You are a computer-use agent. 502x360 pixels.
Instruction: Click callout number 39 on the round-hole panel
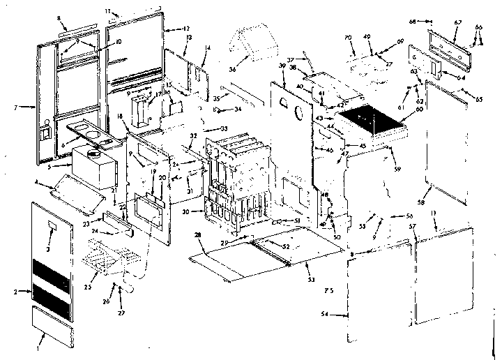281,65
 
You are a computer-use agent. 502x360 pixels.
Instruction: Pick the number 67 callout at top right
457,22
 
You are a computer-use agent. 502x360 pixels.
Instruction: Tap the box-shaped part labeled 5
98,165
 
